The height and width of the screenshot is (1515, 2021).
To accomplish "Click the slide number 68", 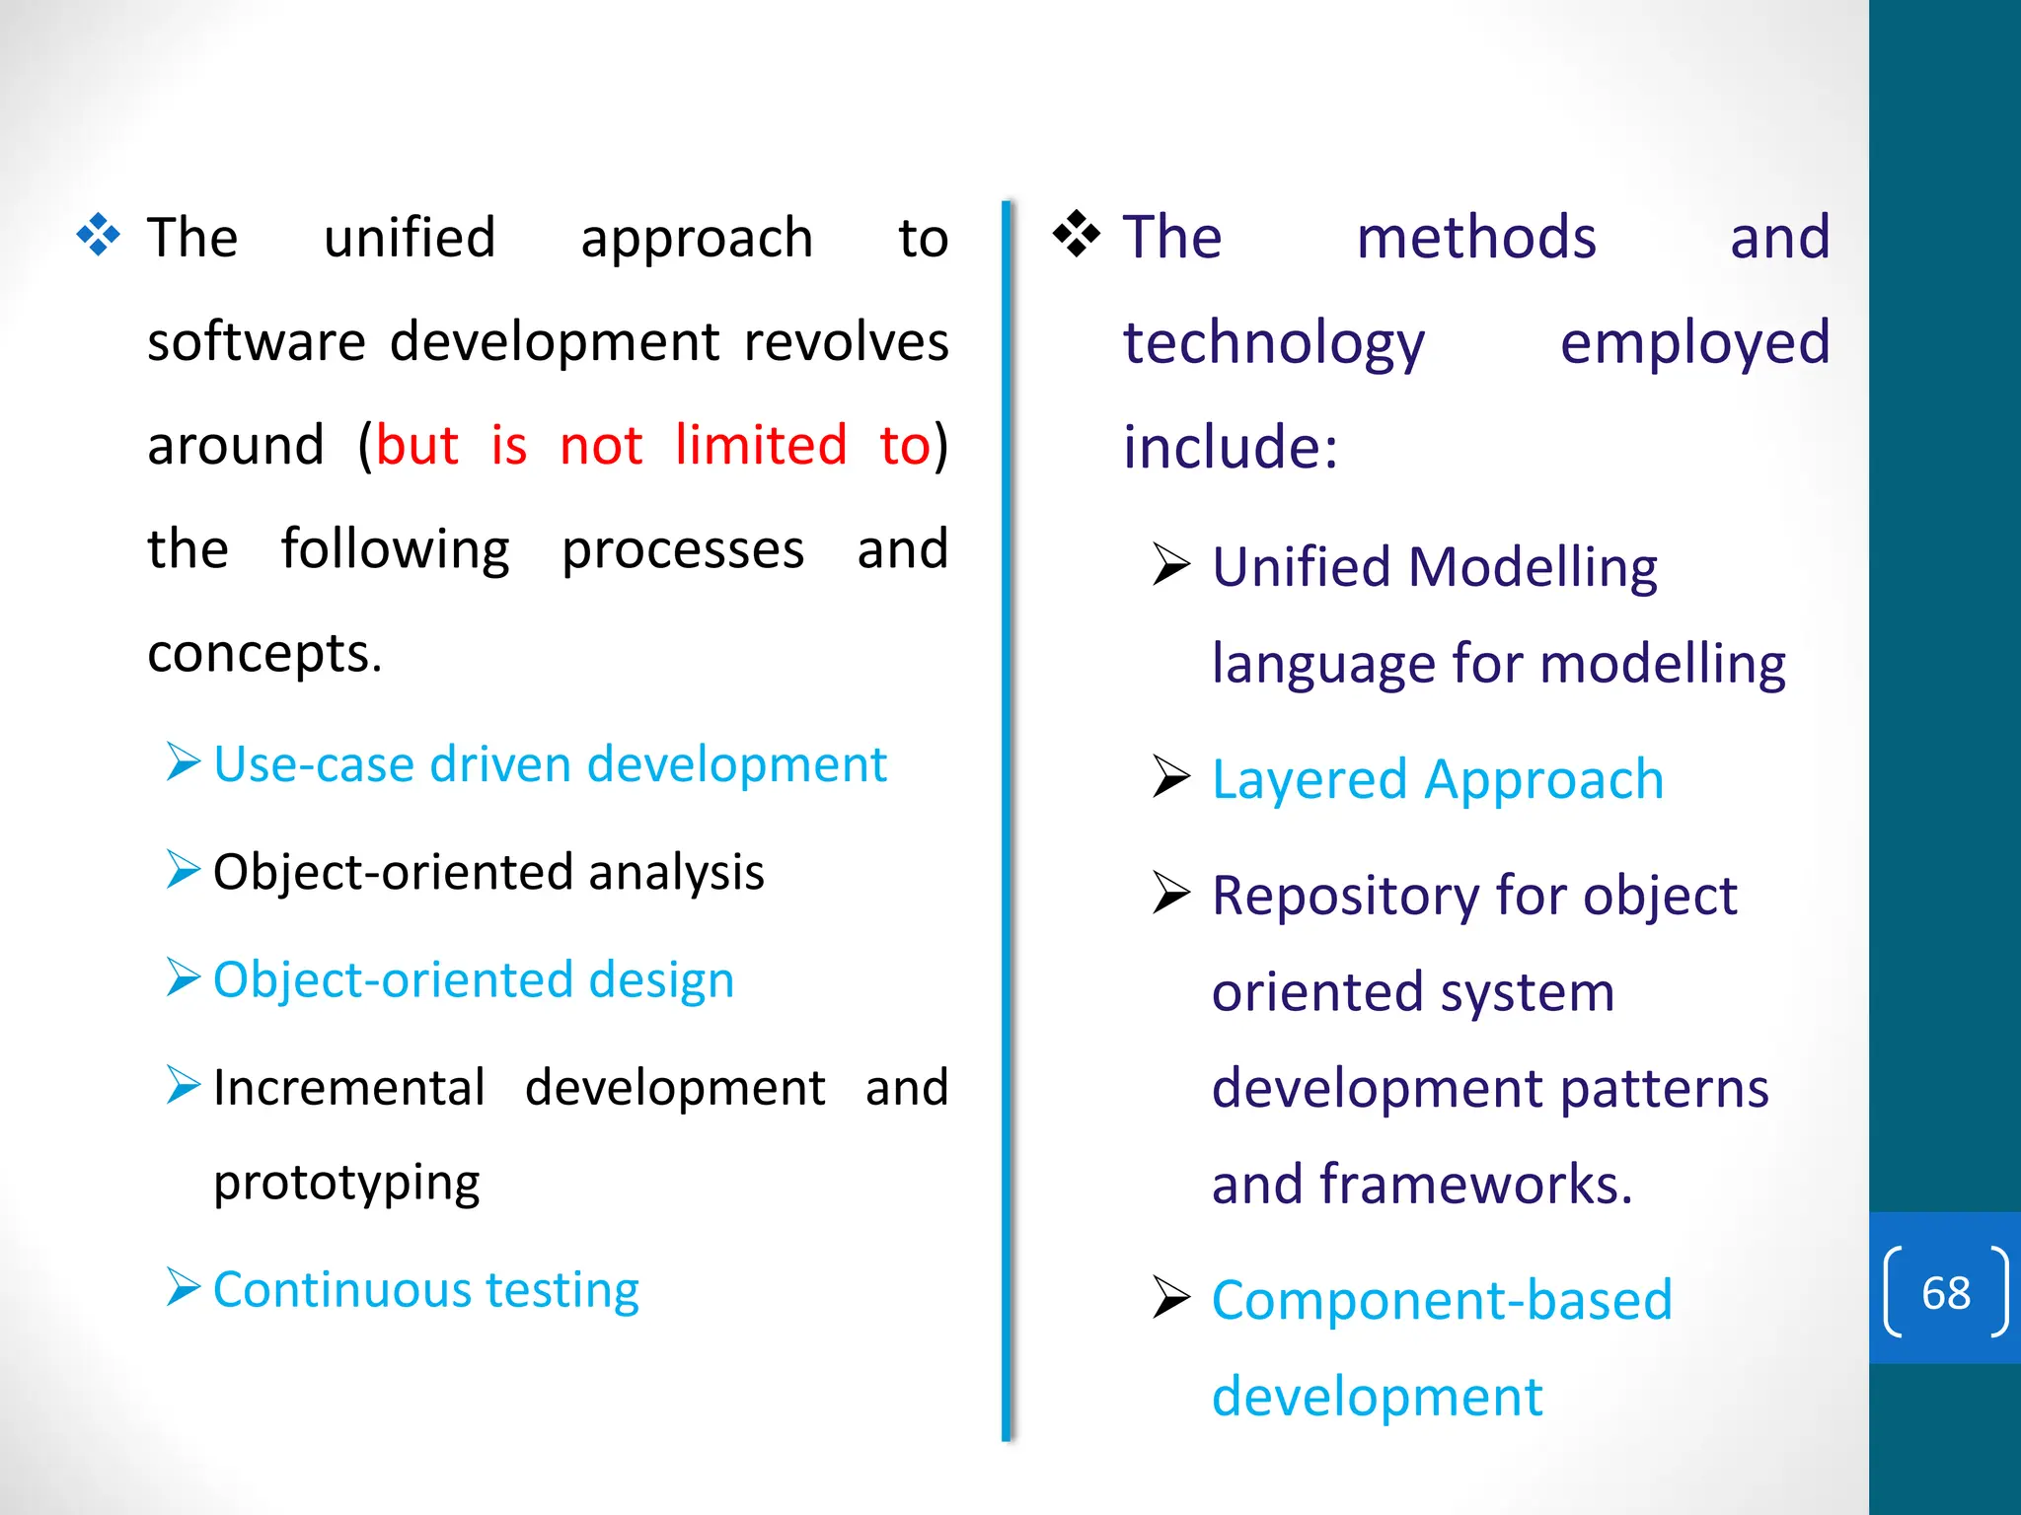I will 1945,1292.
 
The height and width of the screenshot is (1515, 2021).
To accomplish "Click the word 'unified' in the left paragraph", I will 409,238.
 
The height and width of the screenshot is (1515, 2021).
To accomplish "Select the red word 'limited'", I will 761,445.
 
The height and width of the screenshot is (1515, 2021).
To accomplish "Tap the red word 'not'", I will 601,445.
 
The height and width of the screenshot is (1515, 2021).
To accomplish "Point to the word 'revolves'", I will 846,342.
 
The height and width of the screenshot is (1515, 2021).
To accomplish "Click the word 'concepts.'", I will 264,653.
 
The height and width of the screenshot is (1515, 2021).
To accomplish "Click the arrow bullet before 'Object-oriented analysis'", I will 184,870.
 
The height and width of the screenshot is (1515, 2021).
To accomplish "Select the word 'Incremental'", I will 349,1088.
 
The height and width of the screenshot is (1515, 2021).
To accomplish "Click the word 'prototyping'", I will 346,1183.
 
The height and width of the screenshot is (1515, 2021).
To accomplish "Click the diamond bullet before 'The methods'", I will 1076,235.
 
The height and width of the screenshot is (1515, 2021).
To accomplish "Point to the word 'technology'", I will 1274,344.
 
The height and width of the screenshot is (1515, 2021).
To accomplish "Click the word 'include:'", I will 1231,447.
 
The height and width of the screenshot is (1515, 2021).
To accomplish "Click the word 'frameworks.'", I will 1476,1184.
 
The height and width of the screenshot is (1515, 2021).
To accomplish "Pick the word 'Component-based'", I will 1442,1299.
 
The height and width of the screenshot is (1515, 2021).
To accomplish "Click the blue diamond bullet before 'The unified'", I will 99,236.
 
